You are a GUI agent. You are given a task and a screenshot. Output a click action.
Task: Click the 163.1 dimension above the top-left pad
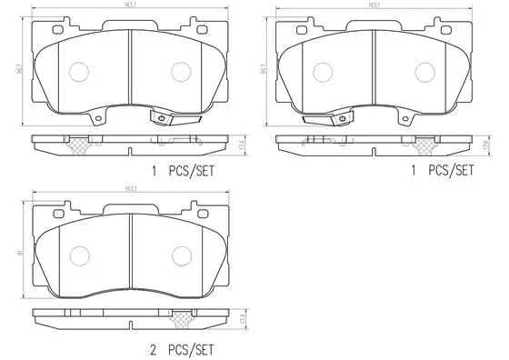tap(131, 5)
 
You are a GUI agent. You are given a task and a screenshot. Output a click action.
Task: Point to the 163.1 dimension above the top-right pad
tap(374, 5)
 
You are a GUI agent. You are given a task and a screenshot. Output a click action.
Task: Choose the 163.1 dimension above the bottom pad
tap(131, 189)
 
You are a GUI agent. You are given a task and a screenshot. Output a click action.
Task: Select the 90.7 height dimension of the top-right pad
tap(264, 68)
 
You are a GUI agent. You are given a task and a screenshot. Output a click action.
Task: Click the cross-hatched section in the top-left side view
tap(78, 143)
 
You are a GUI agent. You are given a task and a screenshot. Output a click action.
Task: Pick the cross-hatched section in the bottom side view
tap(183, 319)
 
